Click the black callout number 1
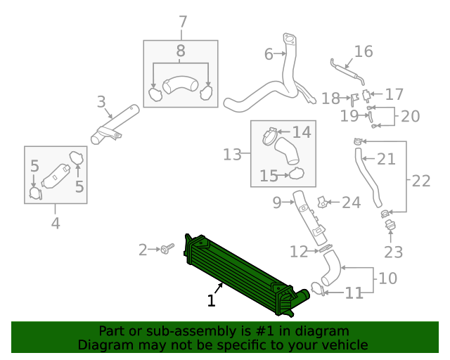[x=211, y=301]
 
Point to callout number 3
[x=101, y=103]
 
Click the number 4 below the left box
[x=56, y=224]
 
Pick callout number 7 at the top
[x=183, y=22]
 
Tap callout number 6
[x=269, y=54]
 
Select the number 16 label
[x=363, y=51]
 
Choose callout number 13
[x=233, y=154]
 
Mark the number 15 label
[x=269, y=176]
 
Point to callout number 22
[x=420, y=181]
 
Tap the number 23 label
[x=391, y=252]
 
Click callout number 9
[x=276, y=203]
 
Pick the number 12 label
[x=299, y=251]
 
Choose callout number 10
[x=387, y=278]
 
